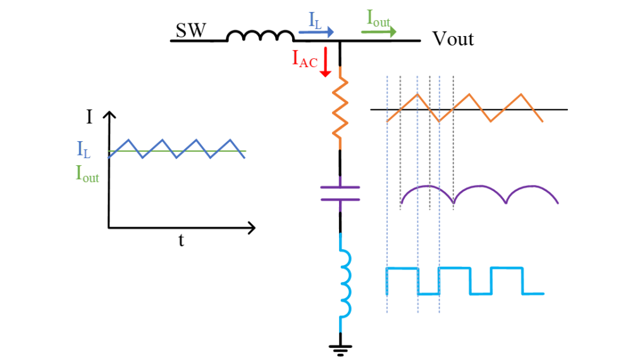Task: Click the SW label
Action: [191, 30]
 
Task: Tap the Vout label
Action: [453, 39]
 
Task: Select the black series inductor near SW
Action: [260, 35]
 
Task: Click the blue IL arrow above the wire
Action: [316, 32]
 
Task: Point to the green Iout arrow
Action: [379, 32]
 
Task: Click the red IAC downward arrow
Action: [325, 62]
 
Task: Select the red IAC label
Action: [305, 59]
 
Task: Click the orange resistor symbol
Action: [340, 108]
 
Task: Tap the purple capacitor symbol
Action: [340, 194]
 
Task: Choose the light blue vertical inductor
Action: [345, 283]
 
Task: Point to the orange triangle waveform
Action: [464, 108]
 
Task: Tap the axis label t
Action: [182, 240]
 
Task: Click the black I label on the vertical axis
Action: [89, 117]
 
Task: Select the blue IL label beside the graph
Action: [83, 149]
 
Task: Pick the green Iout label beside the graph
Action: [87, 173]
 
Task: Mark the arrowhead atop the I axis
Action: [109, 115]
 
